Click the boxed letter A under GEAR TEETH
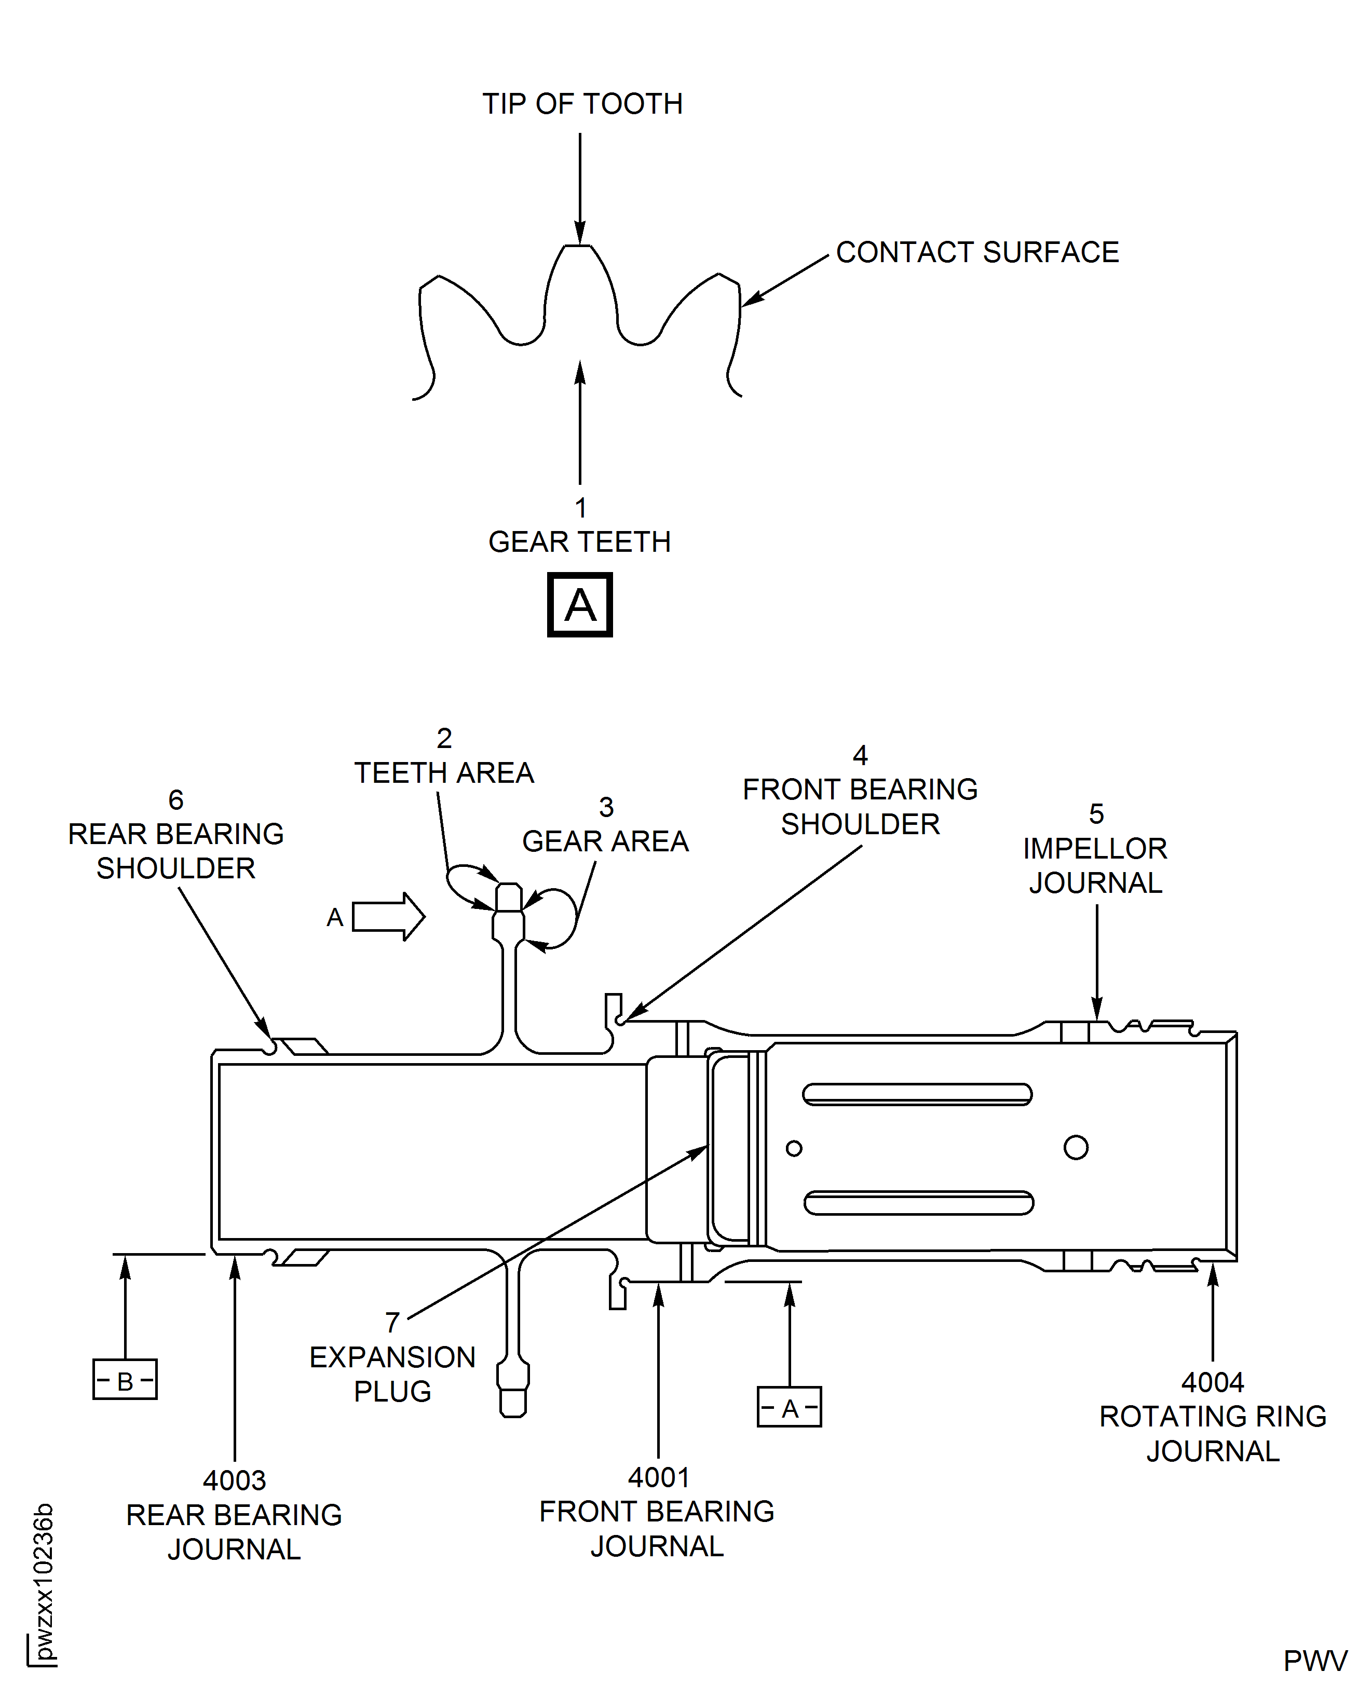[x=579, y=605]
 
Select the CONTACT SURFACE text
[x=977, y=253]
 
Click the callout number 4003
[x=234, y=1480]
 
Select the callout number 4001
[x=658, y=1477]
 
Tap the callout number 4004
[x=1212, y=1382]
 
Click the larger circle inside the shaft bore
[x=1076, y=1147]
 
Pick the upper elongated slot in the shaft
[x=917, y=1094]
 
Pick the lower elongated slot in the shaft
[x=918, y=1203]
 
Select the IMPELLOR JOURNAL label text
[x=1095, y=865]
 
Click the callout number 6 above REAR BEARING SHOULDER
[x=175, y=800]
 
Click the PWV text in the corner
[x=1314, y=1662]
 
